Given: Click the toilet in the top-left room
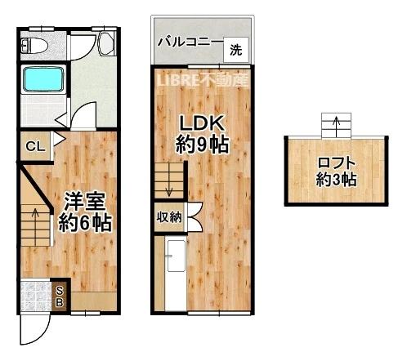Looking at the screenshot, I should point(36,47).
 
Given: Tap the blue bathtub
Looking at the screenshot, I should point(42,80).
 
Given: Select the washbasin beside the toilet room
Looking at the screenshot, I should point(106,46).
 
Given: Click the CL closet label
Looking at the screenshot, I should point(34,147).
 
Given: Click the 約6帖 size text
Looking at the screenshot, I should point(84,221).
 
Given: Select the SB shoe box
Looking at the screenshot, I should point(60,295).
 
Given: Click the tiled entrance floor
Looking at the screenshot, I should point(37,295).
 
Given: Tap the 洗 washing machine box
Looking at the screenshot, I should point(235,50).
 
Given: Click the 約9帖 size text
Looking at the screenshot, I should point(202,147).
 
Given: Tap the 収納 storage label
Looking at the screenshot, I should point(170,217).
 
